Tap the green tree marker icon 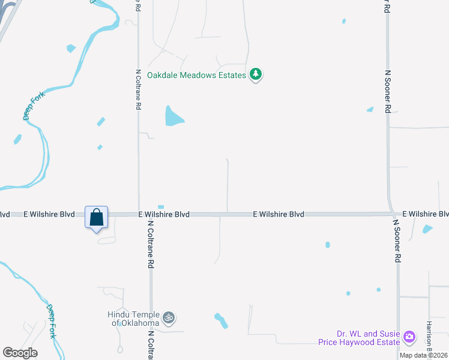(256, 74)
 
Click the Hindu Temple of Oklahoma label (133, 319)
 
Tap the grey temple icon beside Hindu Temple (169, 316)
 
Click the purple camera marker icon (409, 337)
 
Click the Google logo (20, 352)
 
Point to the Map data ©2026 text (424, 355)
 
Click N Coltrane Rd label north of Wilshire (138, 89)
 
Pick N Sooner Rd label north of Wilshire (387, 91)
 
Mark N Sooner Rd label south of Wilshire (396, 241)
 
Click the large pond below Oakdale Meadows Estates (173, 116)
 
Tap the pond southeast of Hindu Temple (221, 320)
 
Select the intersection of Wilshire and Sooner (390, 214)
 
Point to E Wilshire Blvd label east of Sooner (425, 214)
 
